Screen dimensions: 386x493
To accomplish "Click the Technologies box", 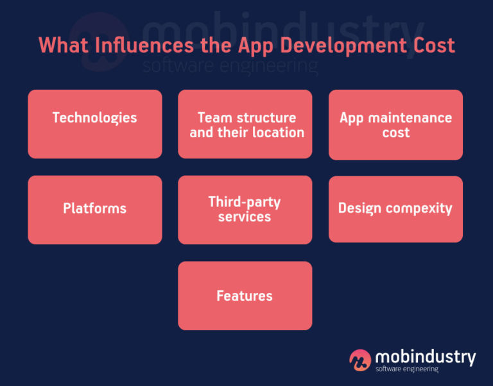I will (x=94, y=124).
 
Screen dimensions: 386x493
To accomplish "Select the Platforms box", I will (x=94, y=210).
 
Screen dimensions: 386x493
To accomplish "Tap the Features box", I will (x=245, y=296).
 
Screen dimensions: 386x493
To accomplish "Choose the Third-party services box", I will (x=245, y=210).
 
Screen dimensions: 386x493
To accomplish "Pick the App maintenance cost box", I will (x=395, y=125).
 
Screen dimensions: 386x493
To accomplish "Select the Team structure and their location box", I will (x=245, y=124).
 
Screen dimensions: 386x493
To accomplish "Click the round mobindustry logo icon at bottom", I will (x=360, y=360).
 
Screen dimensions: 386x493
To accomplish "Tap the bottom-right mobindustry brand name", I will (x=425, y=356).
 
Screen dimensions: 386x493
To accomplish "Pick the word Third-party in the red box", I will (x=245, y=202).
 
